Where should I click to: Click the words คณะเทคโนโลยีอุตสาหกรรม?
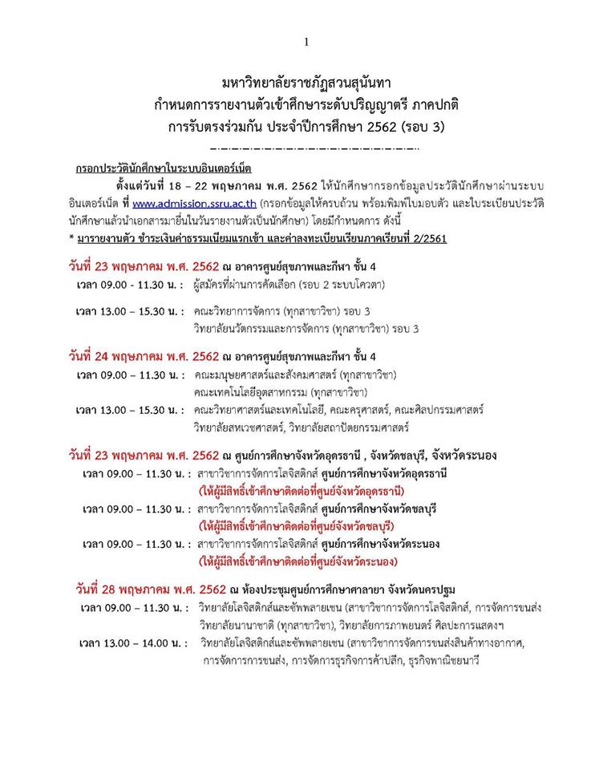pyautogui.click(x=255, y=392)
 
